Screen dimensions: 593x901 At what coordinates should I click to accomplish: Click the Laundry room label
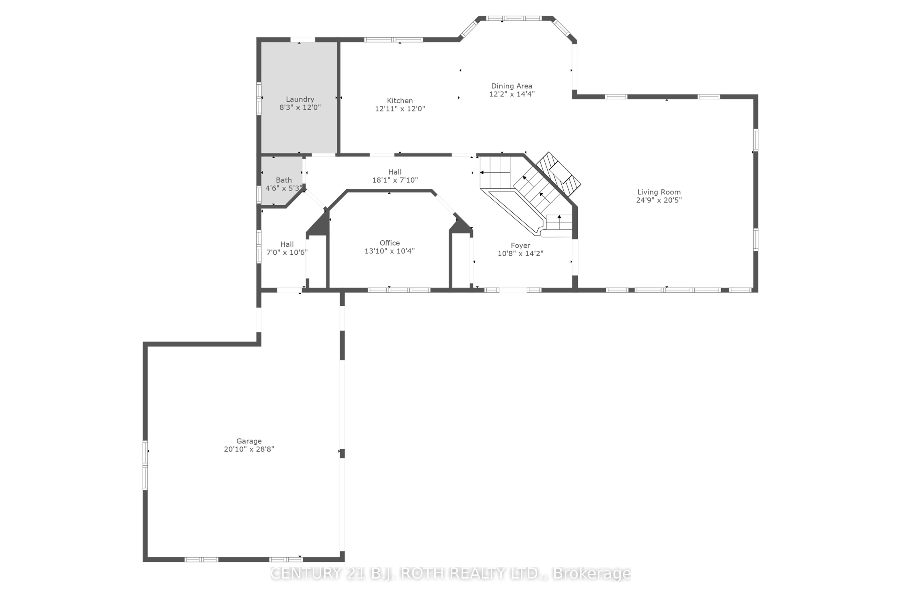point(300,99)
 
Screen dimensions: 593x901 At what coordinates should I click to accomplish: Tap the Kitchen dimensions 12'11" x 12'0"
point(400,109)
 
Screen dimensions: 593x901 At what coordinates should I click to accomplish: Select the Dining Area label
point(511,86)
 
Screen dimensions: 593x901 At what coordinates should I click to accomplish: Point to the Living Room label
point(659,192)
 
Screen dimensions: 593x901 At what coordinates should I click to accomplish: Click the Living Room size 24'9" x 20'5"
point(659,200)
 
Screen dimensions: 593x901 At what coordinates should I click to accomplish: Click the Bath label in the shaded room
point(283,180)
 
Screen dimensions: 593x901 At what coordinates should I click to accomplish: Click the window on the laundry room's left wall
point(259,98)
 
